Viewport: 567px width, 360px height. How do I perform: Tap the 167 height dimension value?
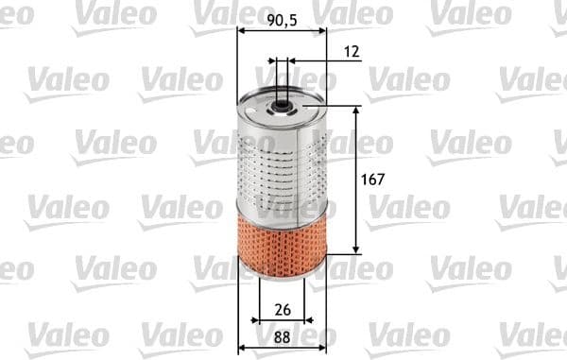375,179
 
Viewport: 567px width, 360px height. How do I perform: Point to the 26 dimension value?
282,308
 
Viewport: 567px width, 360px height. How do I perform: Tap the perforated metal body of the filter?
282,161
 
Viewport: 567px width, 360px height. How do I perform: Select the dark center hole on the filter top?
282,94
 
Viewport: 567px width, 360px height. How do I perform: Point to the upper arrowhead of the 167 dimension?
356,110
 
